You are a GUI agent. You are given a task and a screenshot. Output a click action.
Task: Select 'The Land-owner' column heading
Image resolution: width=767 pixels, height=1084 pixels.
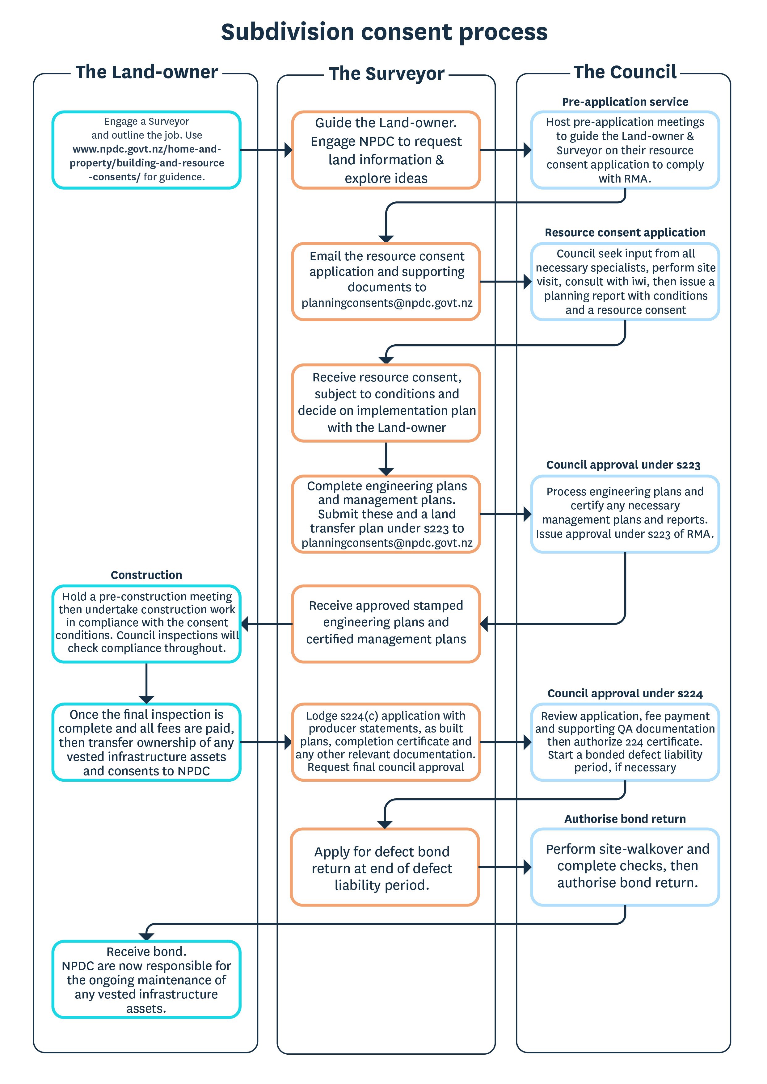tap(147, 72)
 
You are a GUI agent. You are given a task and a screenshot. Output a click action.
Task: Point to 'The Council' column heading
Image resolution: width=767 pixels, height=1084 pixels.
tap(625, 72)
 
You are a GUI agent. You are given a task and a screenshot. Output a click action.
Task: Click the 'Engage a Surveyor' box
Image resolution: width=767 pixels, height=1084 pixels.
tap(146, 150)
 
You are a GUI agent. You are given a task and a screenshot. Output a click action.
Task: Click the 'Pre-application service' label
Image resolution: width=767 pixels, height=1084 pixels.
tap(625, 102)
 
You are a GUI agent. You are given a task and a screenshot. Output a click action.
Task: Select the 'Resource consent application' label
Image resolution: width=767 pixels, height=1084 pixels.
tap(625, 233)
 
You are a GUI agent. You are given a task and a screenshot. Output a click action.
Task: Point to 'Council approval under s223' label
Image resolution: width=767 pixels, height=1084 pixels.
tap(623, 465)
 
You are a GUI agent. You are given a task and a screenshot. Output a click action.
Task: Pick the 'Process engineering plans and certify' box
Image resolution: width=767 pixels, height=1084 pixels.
tap(625, 514)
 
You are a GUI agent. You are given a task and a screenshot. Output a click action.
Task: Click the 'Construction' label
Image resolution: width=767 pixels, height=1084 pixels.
tap(146, 575)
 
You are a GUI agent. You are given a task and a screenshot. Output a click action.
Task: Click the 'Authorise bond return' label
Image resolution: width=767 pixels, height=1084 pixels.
tap(625, 819)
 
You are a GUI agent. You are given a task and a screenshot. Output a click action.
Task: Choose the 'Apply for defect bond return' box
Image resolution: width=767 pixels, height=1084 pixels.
tap(385, 867)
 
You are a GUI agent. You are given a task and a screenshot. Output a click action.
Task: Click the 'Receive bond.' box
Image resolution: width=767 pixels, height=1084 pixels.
tap(146, 979)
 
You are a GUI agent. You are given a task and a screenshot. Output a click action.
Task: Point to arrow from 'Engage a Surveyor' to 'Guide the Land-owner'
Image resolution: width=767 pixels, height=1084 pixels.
tap(266, 150)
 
